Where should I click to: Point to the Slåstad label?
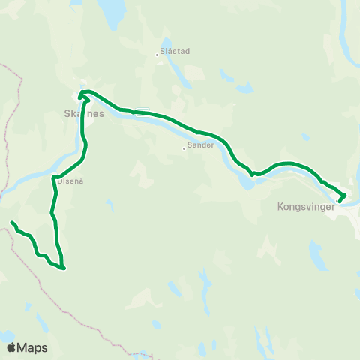tap(175, 52)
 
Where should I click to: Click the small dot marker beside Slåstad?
tap(157, 54)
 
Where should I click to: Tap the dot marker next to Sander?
tap(184, 148)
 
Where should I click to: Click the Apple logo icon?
tap(11, 347)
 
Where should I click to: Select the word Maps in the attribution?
tap(32, 347)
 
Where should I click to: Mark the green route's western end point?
tap(12, 223)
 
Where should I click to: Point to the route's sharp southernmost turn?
tap(64, 268)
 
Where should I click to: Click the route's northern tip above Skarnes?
tap(82, 92)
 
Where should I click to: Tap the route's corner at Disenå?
tap(55, 178)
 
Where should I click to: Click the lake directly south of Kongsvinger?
tap(318, 255)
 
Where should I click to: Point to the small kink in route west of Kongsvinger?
tap(253, 174)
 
